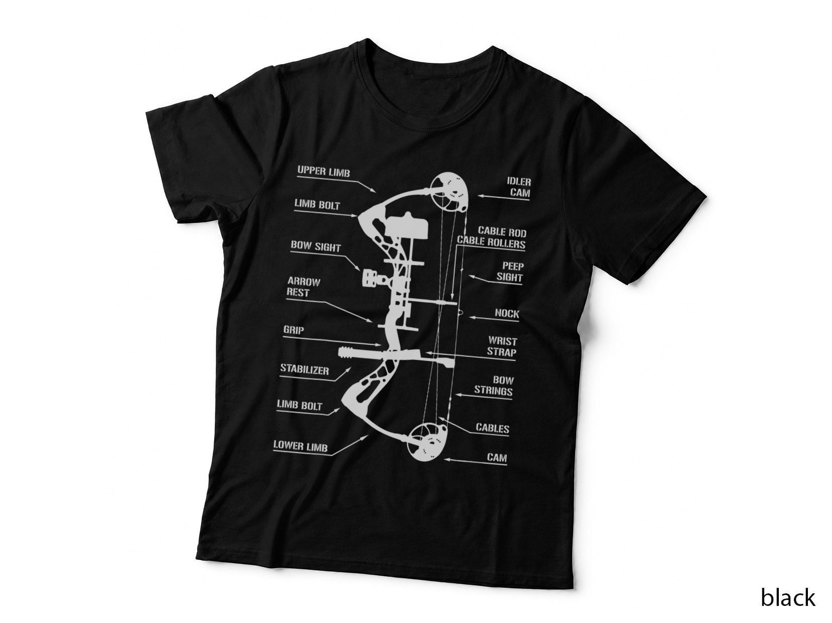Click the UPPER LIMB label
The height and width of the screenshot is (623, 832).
(x=323, y=171)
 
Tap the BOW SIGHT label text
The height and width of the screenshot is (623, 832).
(x=316, y=246)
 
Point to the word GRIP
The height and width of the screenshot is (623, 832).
(x=294, y=330)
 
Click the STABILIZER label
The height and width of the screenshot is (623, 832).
(x=305, y=369)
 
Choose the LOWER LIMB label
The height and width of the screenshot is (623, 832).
(x=300, y=446)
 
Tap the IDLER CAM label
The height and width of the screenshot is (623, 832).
(x=519, y=187)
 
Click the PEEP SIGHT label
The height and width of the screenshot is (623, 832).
(x=510, y=272)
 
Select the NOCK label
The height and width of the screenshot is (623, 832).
(x=507, y=313)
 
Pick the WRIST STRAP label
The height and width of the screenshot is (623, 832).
(x=502, y=346)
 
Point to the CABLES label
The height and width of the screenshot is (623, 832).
(x=492, y=428)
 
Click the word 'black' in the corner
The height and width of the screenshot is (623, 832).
(x=788, y=597)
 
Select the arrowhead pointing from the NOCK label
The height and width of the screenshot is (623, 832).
(x=471, y=317)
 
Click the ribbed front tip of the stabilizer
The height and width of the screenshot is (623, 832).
(x=346, y=352)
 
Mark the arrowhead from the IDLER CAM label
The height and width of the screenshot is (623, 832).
(x=480, y=196)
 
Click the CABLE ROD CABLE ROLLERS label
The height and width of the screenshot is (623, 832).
(x=492, y=237)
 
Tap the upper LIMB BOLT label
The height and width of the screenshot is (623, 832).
(x=317, y=205)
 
